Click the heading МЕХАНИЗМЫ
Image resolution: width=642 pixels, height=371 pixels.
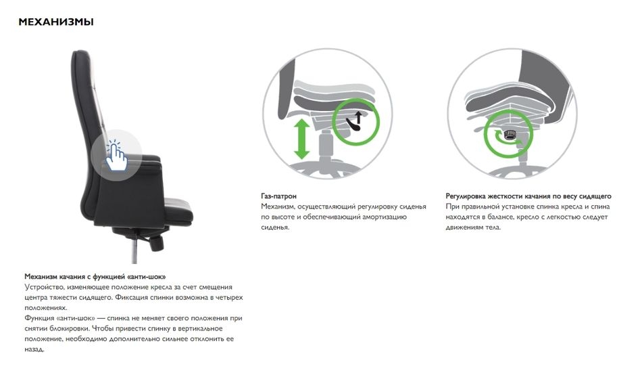coord(56,22)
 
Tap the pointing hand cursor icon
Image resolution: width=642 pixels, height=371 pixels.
coord(116,156)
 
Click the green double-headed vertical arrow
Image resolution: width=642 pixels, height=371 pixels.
coord(302,139)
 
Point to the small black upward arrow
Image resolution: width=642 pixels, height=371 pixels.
coord(359,117)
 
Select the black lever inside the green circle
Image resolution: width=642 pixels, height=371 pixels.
coord(353,125)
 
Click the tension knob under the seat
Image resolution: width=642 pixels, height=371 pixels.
coord(510,135)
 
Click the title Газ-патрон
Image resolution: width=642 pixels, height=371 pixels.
coord(279,196)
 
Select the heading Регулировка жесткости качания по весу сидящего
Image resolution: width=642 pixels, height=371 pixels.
coord(528,196)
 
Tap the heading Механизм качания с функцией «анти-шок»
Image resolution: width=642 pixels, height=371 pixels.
coord(95,277)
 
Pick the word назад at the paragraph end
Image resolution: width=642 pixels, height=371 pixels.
coord(34,349)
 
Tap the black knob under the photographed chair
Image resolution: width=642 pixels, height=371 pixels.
coord(157,243)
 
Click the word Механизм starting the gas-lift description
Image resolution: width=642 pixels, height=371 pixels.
coord(278,206)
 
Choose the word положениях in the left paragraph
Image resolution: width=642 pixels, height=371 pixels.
coord(45,308)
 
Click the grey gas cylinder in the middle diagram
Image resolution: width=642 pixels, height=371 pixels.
coord(325,145)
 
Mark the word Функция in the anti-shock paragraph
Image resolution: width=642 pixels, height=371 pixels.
coord(39,318)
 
